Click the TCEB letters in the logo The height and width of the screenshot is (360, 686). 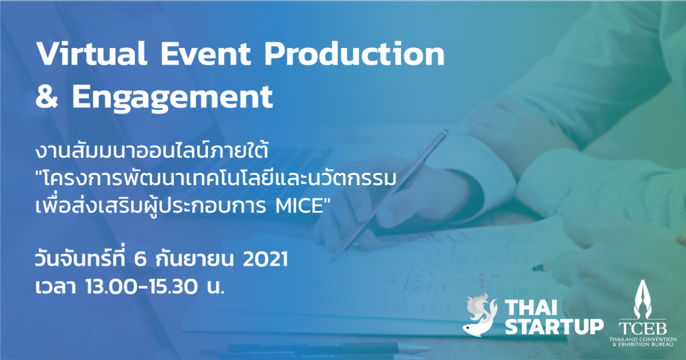tap(642, 327)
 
